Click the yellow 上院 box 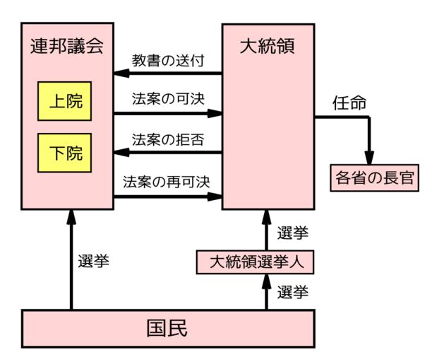pyautogui.click(x=66, y=103)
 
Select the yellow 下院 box pyautogui.click(x=66, y=153)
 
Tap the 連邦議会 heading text pyautogui.click(x=67, y=47)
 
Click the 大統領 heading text pyautogui.click(x=268, y=47)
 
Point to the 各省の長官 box pyautogui.click(x=374, y=177)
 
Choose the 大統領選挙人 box pyautogui.click(x=256, y=262)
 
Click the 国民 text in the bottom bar pyautogui.click(x=167, y=329)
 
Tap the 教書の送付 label pyautogui.click(x=168, y=59)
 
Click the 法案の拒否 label pyautogui.click(x=168, y=139)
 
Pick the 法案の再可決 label pyautogui.click(x=168, y=181)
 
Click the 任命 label pyautogui.click(x=349, y=103)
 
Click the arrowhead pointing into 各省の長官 pyautogui.click(x=368, y=156)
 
